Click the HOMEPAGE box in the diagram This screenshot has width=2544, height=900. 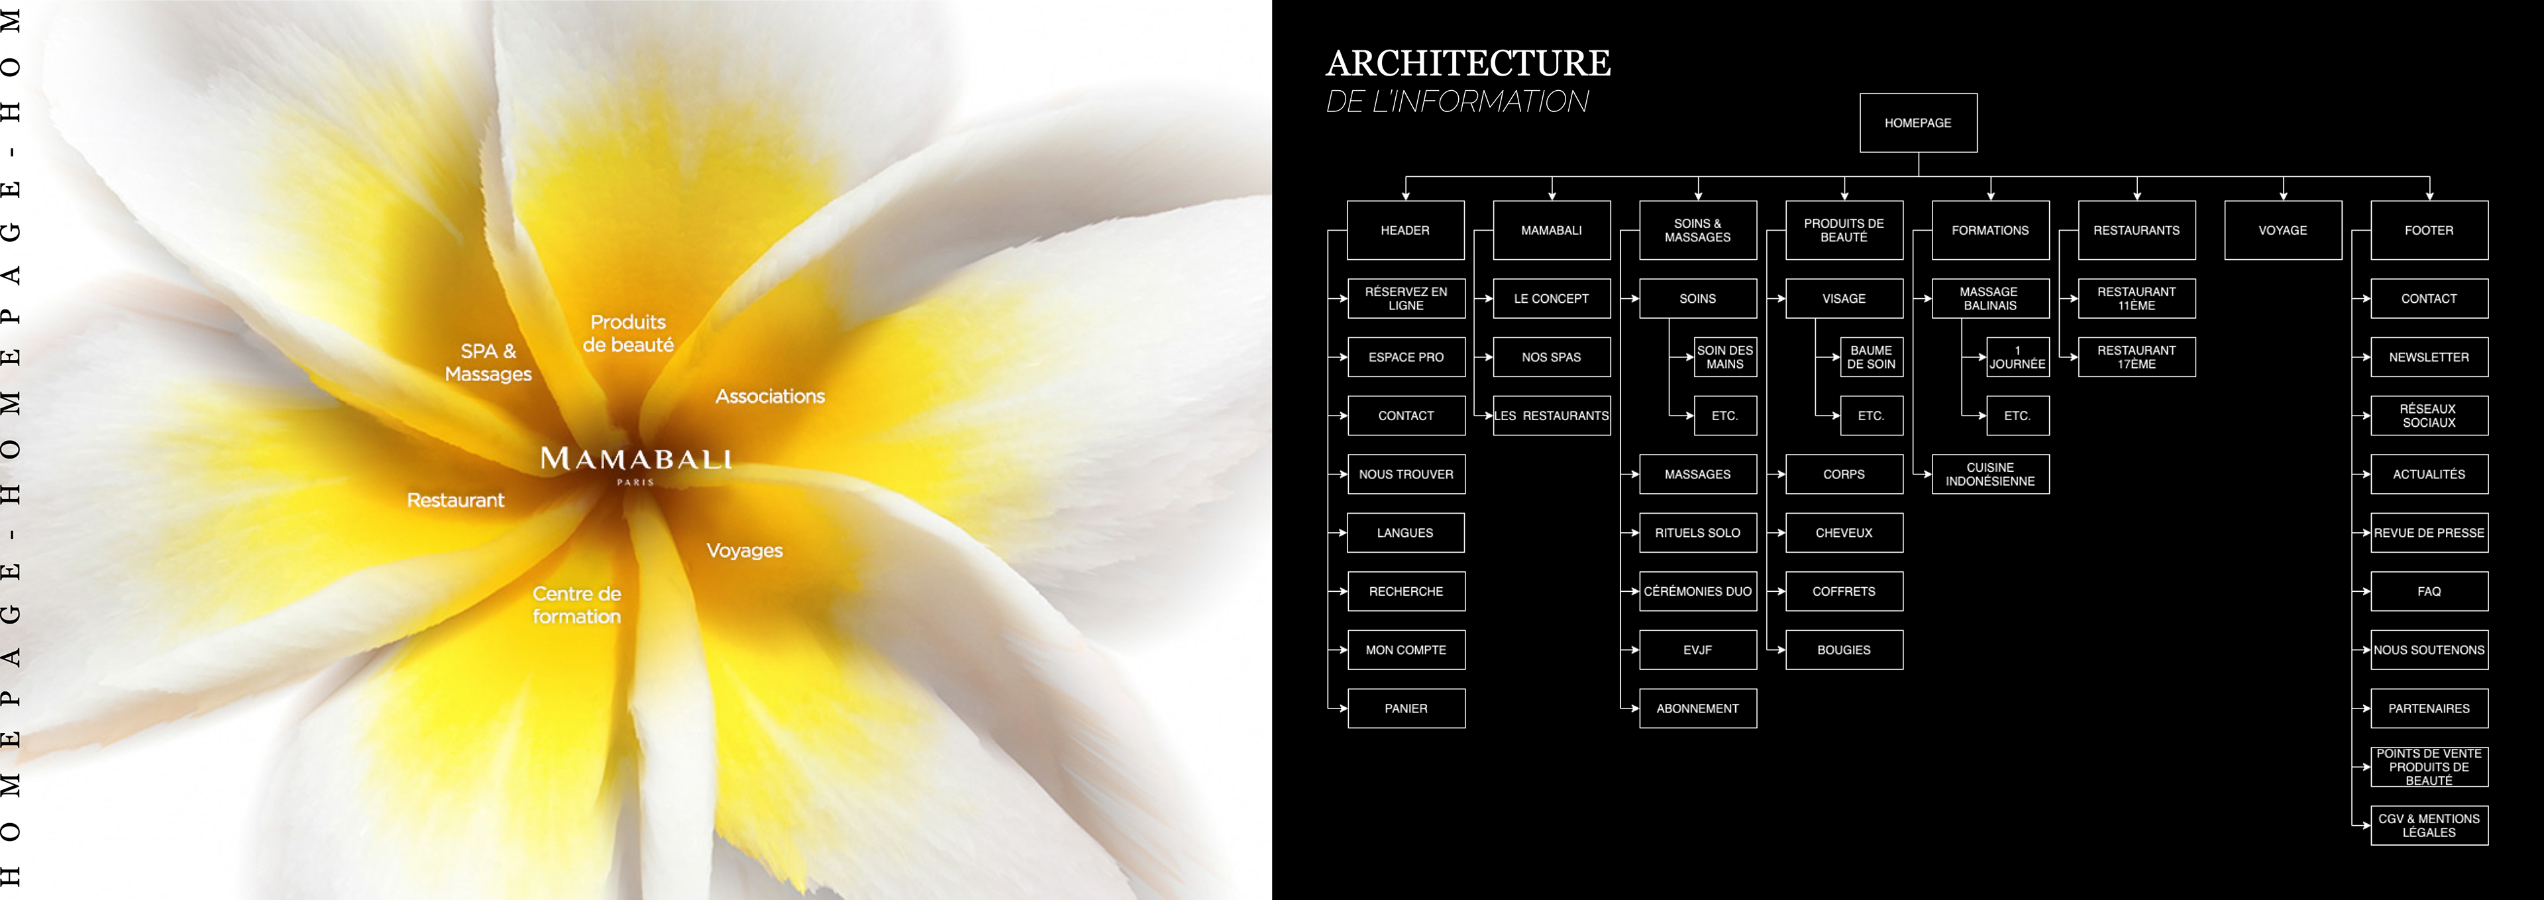(x=1918, y=123)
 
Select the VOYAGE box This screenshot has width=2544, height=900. (x=2282, y=230)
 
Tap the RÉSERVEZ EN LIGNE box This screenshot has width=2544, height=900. (x=1405, y=298)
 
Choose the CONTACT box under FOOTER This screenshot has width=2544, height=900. (x=2429, y=298)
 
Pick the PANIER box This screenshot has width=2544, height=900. (x=1405, y=708)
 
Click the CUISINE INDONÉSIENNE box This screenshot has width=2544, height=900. (x=1990, y=475)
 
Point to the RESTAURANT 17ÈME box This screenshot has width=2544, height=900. (x=2136, y=357)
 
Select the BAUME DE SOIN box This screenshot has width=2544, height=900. (x=1870, y=357)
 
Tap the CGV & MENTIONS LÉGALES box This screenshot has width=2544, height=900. (x=2429, y=826)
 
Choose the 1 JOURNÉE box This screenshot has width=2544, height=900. (x=2017, y=357)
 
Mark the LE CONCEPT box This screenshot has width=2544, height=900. (x=1552, y=298)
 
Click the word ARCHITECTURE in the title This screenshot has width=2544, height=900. (x=1467, y=63)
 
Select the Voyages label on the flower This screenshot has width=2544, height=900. (x=745, y=550)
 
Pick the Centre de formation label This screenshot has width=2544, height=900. (x=577, y=604)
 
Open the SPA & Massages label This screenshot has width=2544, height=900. (x=488, y=363)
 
